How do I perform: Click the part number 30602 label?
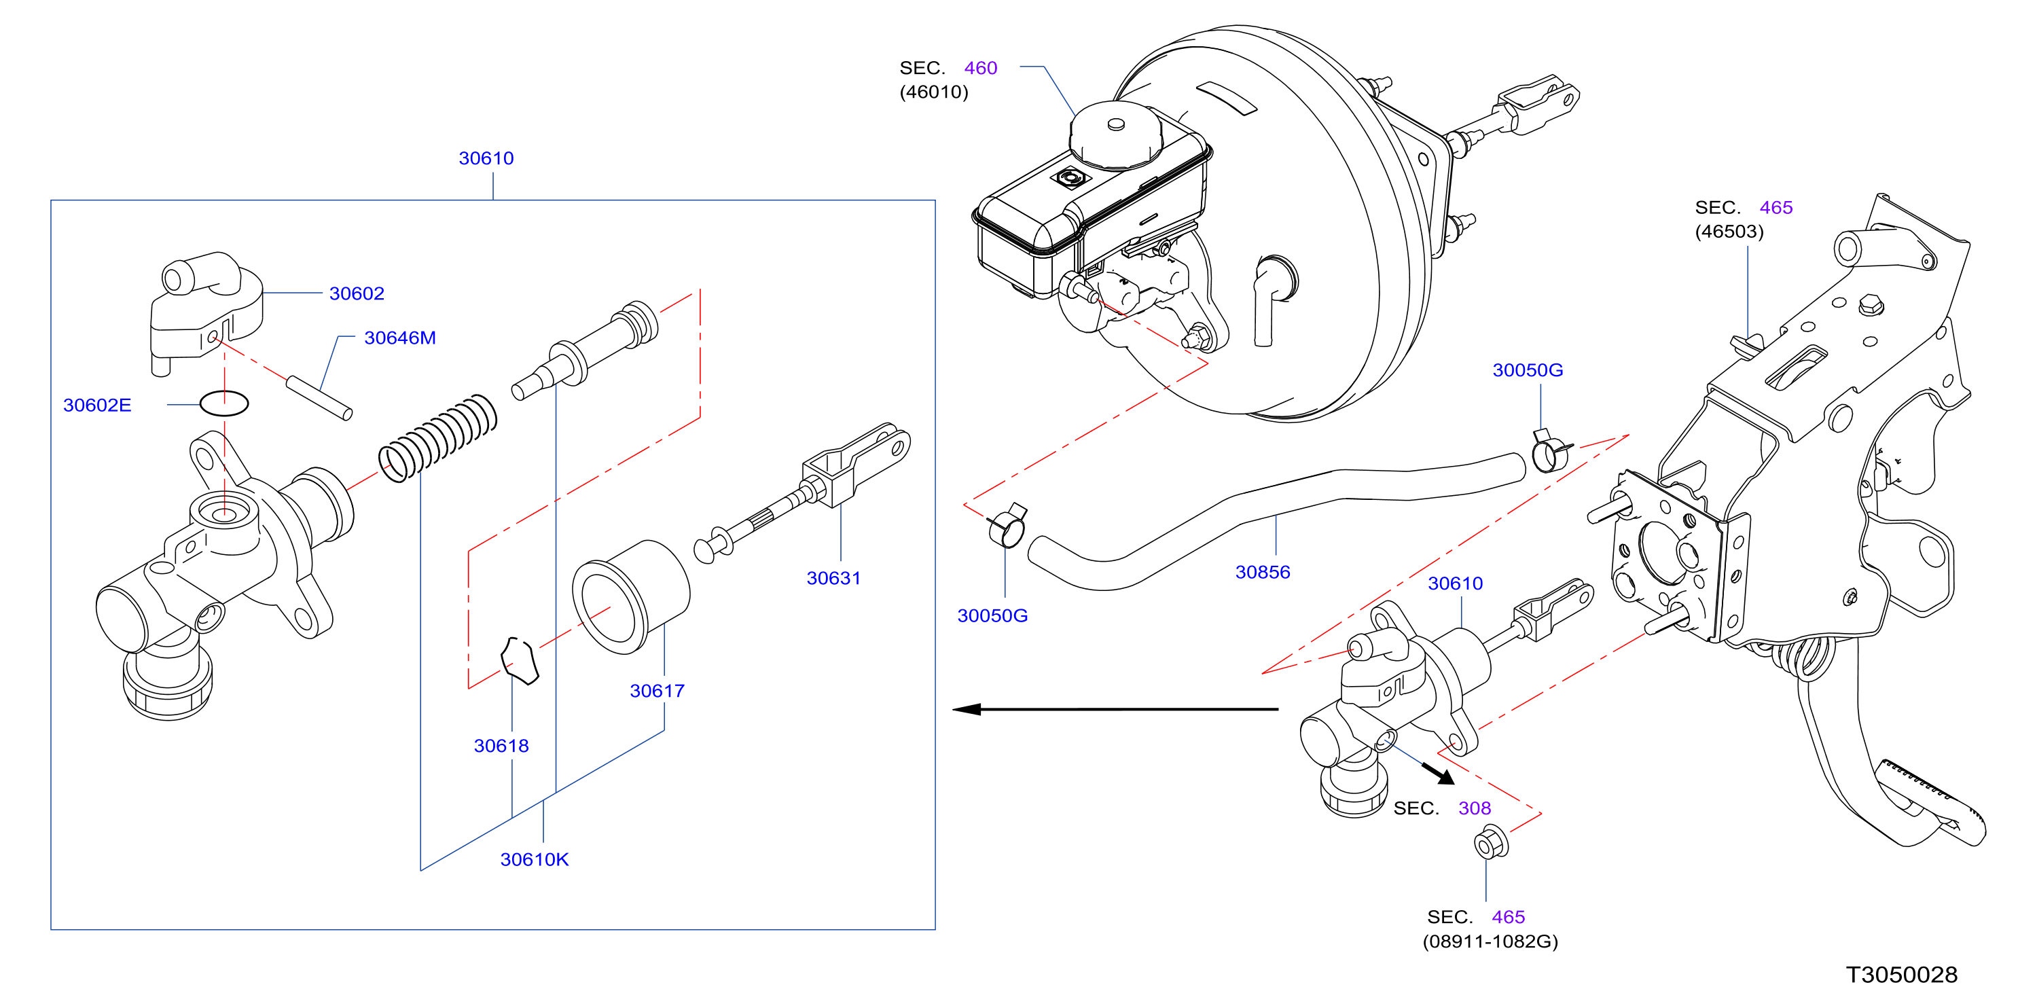[357, 293]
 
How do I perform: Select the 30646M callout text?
[400, 338]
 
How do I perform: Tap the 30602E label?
[97, 405]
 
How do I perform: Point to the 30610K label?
[535, 859]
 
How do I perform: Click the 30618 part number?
[501, 746]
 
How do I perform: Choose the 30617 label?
[657, 691]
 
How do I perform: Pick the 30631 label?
[833, 578]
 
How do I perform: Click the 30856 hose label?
[1263, 572]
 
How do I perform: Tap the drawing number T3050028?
[1902, 975]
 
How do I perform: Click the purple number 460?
[981, 68]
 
